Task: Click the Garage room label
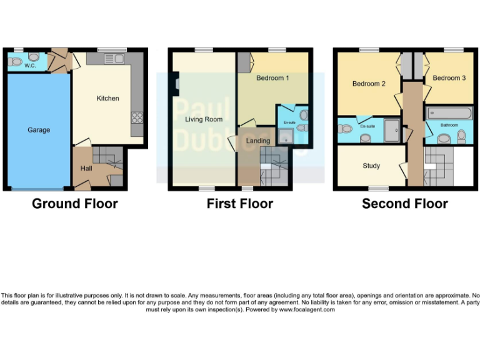pos(39,130)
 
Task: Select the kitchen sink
pos(114,59)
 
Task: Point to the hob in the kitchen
pos(136,117)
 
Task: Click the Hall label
pos(86,168)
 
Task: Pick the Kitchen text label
pos(107,98)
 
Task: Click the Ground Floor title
pos(74,204)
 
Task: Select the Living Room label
pos(204,119)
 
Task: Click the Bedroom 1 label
pos(272,78)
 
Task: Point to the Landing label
pos(257,141)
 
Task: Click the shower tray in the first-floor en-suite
pos(286,139)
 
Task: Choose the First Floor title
pos(240,204)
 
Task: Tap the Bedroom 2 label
pos(368,84)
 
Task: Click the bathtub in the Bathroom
pos(449,113)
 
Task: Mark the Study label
pos(371,166)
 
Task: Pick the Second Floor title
pos(404,204)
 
